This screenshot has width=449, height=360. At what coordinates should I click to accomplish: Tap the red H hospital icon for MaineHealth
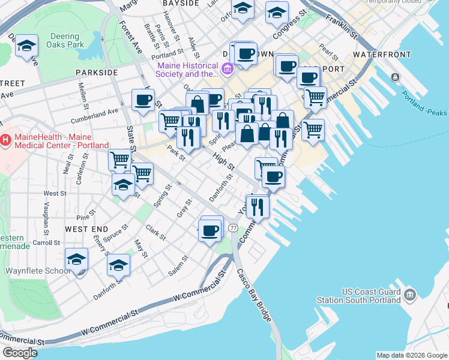pos(6,140)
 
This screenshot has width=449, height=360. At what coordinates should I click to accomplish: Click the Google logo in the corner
pos(19,353)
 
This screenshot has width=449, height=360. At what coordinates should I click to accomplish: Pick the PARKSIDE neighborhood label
pos(97,72)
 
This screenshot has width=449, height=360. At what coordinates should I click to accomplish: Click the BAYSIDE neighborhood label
pos(181,4)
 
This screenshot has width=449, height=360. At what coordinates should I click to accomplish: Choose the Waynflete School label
pos(38,271)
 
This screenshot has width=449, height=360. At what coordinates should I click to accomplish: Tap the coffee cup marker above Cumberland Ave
pos(143,100)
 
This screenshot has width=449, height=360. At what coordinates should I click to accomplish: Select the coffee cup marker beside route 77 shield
pos(211,229)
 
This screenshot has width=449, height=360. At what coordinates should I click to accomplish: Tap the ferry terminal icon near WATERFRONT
pos(395,77)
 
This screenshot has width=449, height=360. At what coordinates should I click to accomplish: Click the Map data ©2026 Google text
pos(411,355)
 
